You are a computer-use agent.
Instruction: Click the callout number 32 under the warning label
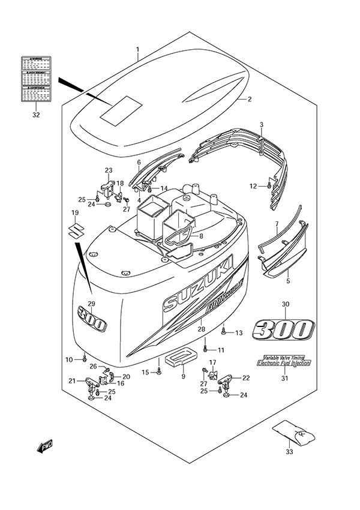[36, 115]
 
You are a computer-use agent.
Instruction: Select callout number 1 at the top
[137, 49]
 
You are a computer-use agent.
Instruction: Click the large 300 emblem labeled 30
[283, 329]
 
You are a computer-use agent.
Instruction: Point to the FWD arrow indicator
[44, 447]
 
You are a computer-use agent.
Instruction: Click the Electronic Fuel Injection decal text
[283, 362]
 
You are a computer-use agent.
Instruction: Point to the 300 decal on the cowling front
[91, 319]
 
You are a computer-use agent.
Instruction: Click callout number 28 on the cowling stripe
[200, 329]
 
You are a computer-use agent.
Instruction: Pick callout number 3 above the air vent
[262, 124]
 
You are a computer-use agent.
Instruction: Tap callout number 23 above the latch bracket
[109, 170]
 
